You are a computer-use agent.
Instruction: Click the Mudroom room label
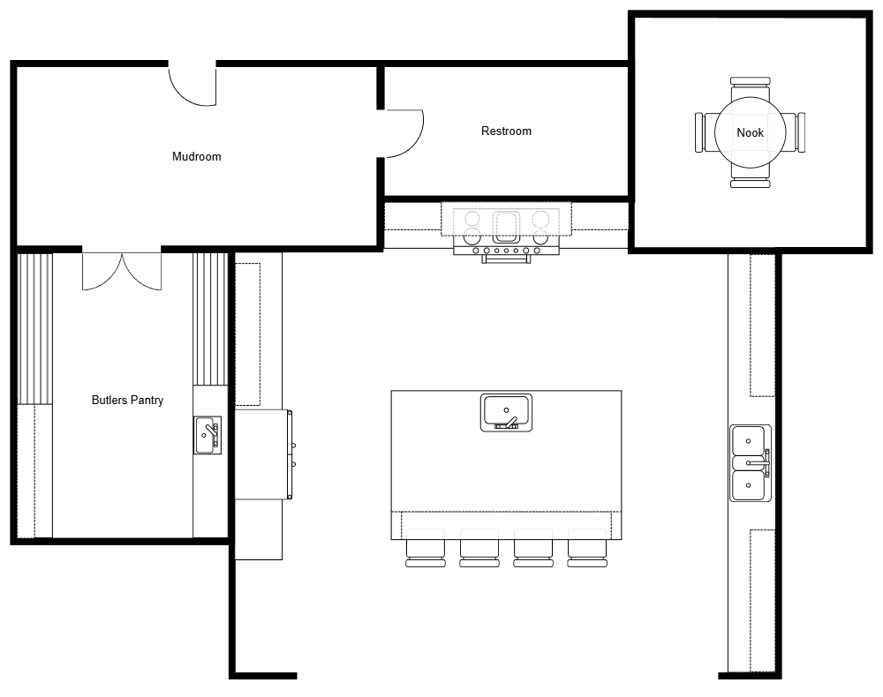pyautogui.click(x=196, y=157)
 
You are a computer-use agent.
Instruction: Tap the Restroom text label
pyautogui.click(x=506, y=131)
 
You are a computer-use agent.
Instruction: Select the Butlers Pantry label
pyautogui.click(x=127, y=401)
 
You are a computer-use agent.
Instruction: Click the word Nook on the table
pyautogui.click(x=750, y=133)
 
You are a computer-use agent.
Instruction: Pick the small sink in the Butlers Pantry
pyautogui.click(x=208, y=435)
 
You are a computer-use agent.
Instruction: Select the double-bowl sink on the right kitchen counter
pyautogui.click(x=750, y=462)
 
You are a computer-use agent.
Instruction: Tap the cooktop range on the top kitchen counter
pyautogui.click(x=506, y=230)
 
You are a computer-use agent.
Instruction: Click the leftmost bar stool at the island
pyautogui.click(x=426, y=550)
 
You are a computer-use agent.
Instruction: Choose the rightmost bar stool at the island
pyautogui.click(x=587, y=550)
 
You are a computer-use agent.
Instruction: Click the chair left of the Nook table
pyautogui.click(x=704, y=132)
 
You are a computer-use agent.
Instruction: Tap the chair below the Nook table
pyautogui.click(x=750, y=181)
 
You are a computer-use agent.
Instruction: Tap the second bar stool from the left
pyautogui.click(x=479, y=550)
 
